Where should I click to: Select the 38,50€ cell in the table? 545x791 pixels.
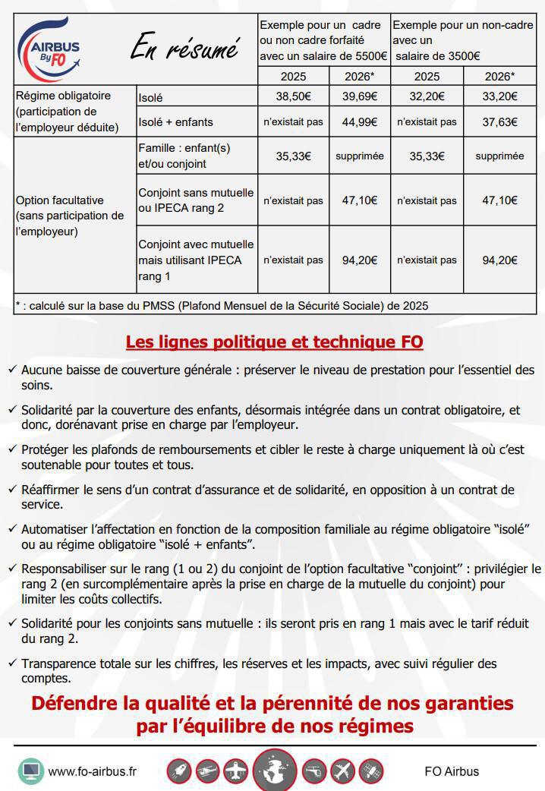point(293,96)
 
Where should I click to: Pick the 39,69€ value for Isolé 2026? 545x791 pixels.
point(360,96)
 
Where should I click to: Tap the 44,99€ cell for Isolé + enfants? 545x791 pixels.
point(360,121)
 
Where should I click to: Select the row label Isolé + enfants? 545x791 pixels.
point(175,122)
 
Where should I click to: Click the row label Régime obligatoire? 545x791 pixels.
point(63,96)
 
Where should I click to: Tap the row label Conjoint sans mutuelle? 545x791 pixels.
point(196,193)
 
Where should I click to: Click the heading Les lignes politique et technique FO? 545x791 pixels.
point(274,342)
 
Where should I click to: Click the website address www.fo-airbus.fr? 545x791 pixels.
point(93,771)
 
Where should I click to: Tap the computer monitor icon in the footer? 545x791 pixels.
point(31,771)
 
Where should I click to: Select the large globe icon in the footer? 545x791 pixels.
point(275,771)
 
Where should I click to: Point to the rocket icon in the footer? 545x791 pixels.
point(179,771)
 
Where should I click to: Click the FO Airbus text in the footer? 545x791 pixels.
point(452,771)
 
